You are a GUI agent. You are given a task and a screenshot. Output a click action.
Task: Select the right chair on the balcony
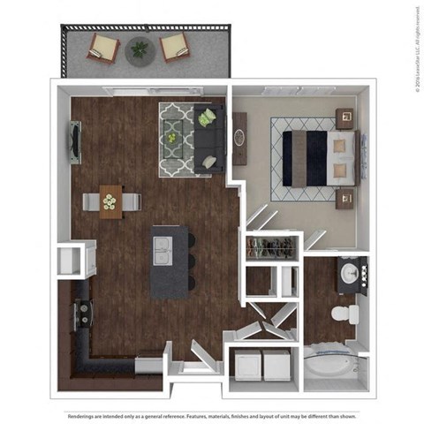click(x=175, y=46)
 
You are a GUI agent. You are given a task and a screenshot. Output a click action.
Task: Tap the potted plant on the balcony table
click(x=139, y=49)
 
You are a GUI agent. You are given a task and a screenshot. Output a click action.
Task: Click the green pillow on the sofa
click(x=206, y=117)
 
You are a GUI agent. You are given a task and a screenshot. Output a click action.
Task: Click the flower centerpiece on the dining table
click(x=110, y=202)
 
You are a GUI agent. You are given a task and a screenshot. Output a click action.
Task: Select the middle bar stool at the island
click(x=190, y=263)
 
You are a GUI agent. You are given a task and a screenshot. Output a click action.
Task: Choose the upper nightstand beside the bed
click(x=344, y=118)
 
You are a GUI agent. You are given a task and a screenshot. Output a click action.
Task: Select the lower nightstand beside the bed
click(x=343, y=196)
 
